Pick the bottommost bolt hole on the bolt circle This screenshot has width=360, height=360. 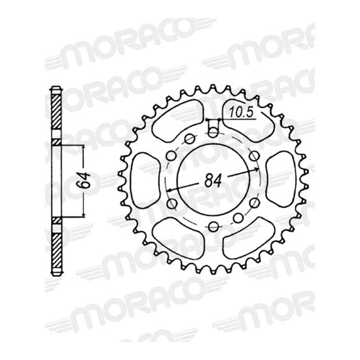point(213,226)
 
